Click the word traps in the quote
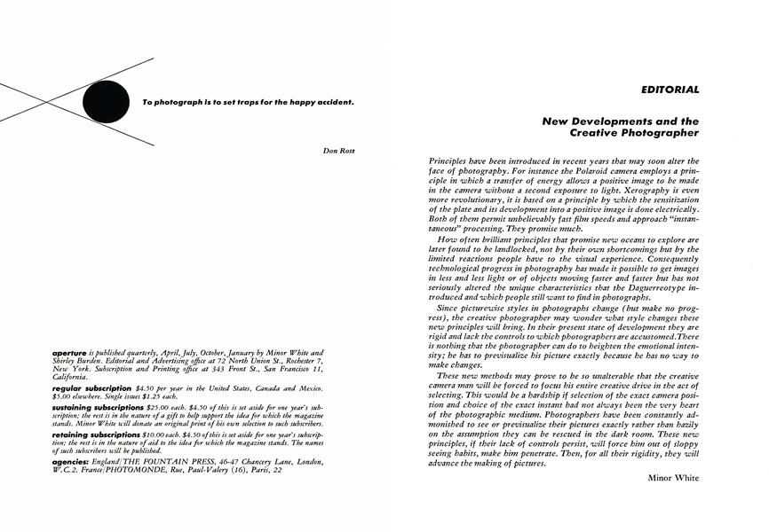(x=227, y=102)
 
